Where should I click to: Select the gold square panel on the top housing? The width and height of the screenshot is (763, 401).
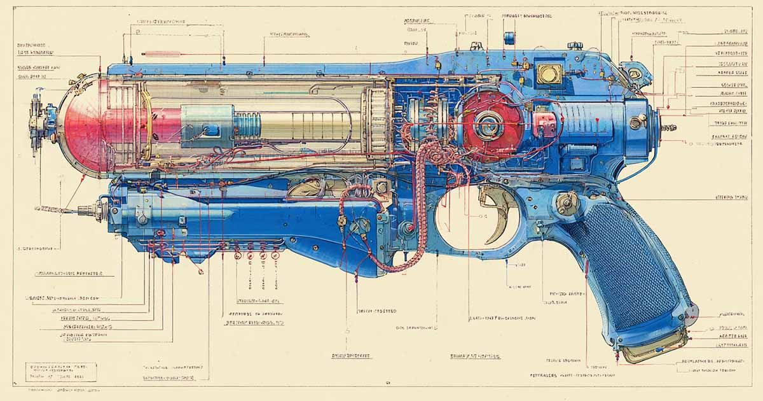(549, 72)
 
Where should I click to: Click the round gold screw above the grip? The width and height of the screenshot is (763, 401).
(565, 204)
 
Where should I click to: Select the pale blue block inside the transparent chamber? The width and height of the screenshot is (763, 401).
(207, 124)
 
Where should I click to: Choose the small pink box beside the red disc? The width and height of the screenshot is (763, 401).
(542, 121)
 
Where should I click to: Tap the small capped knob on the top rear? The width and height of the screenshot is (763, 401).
(575, 45)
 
